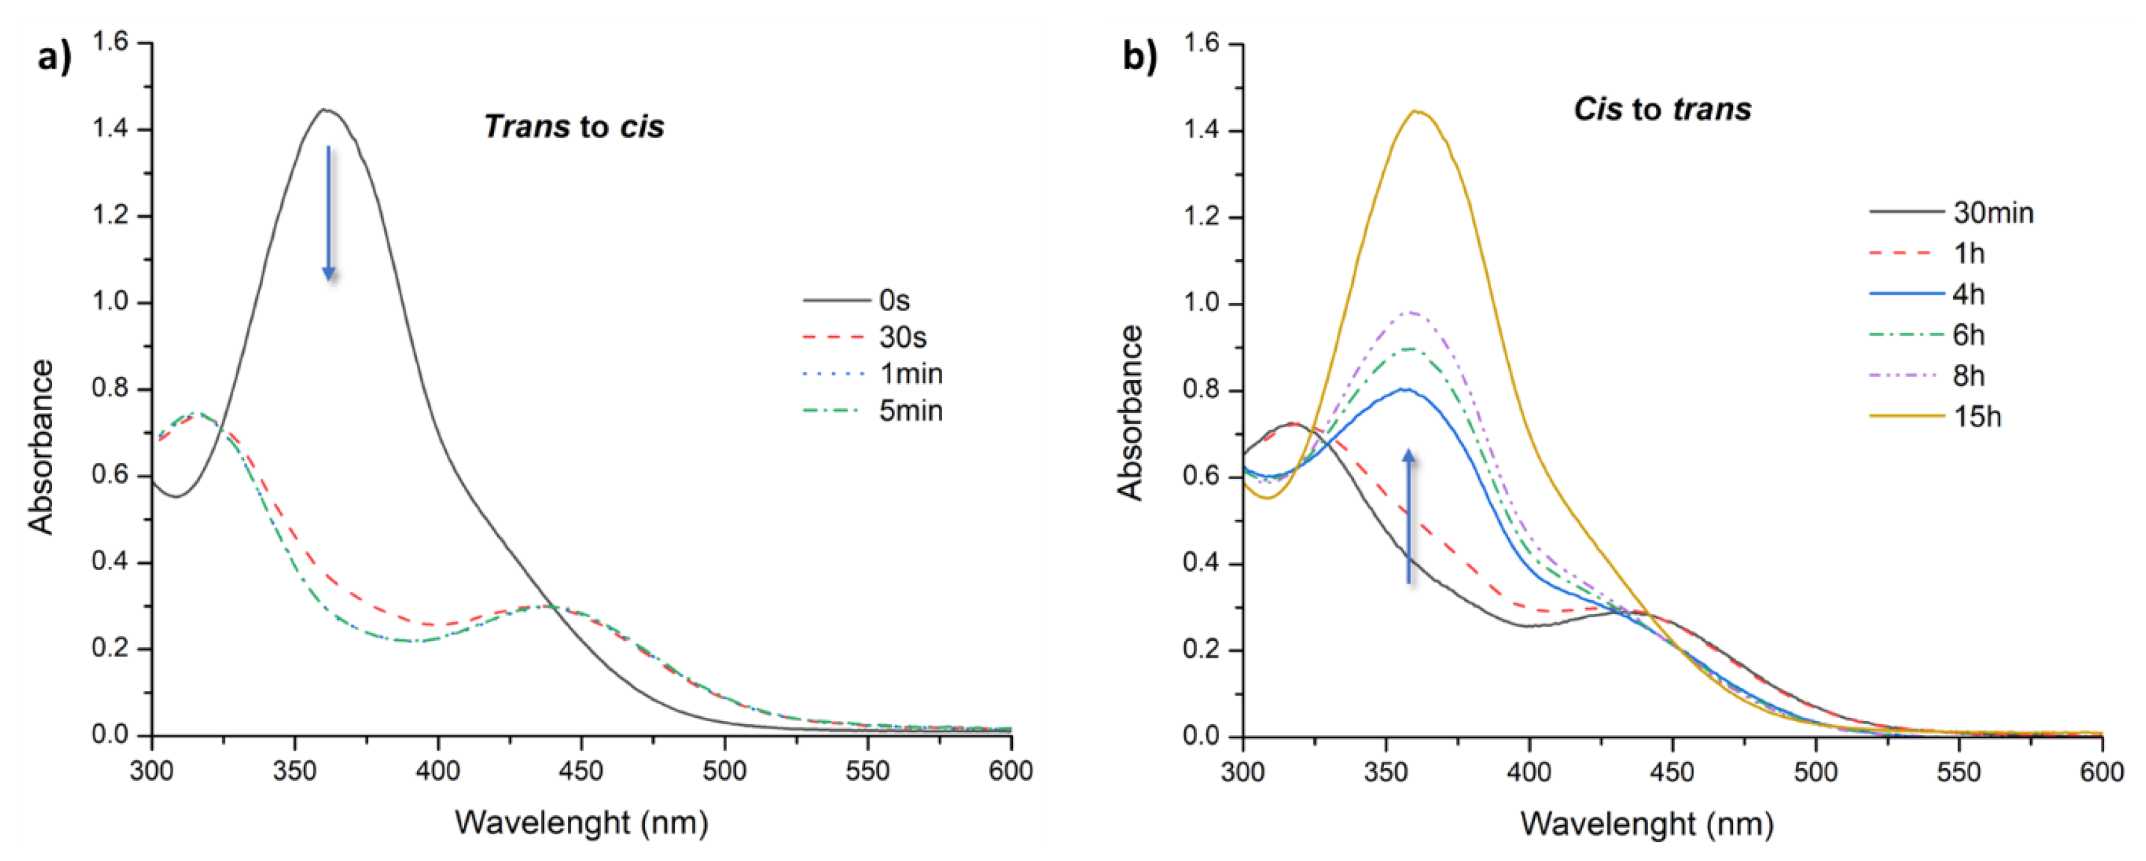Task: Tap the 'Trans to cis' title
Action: coord(574,127)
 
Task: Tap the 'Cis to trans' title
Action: coord(1662,109)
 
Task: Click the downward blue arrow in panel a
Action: coord(328,213)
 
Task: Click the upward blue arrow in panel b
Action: coord(1409,516)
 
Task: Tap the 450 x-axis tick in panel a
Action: coord(581,771)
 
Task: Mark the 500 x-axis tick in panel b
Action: coord(1815,772)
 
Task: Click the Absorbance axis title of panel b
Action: coord(1131,412)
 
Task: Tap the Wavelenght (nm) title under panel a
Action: coord(581,823)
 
